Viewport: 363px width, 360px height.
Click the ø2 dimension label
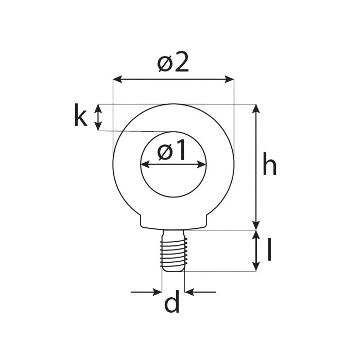pyautogui.click(x=173, y=63)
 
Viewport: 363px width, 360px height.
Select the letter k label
pyautogui.click(x=80, y=116)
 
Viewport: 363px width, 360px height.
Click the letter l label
pyautogui.click(x=269, y=250)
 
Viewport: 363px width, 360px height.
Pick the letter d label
pyautogui.click(x=172, y=303)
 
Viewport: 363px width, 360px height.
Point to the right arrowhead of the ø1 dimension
pyautogui.click(x=202, y=165)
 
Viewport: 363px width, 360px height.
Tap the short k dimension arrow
pyautogui.click(x=98, y=117)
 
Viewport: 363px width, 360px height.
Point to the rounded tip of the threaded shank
pyautogui.click(x=173, y=269)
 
